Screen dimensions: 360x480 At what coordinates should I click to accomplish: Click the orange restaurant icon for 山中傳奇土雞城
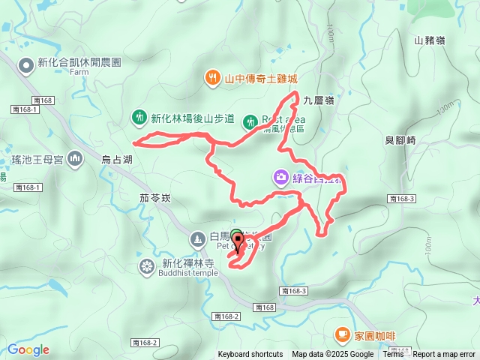tap(214, 78)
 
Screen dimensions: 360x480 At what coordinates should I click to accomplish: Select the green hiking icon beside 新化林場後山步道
tap(139, 118)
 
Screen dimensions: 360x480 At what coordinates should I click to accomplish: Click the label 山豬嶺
tap(429, 40)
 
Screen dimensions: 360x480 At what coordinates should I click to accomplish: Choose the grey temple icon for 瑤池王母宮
tap(74, 159)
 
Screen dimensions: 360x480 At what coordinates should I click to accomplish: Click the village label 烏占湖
tap(117, 160)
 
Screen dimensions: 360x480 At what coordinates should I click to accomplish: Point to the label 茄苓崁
tap(155, 198)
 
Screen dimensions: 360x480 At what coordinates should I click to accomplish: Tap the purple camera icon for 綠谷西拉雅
tap(280, 178)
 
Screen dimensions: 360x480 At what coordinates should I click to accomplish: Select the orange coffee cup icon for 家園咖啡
tap(342, 333)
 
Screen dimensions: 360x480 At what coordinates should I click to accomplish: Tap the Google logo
tap(28, 349)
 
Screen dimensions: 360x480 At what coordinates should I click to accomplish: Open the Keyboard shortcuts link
tap(250, 355)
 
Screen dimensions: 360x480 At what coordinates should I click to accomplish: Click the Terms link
tap(393, 355)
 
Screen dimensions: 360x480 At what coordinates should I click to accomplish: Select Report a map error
tap(445, 355)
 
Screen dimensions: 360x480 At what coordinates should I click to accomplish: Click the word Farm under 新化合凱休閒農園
tap(79, 73)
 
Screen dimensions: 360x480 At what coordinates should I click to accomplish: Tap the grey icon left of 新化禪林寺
tap(146, 266)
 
